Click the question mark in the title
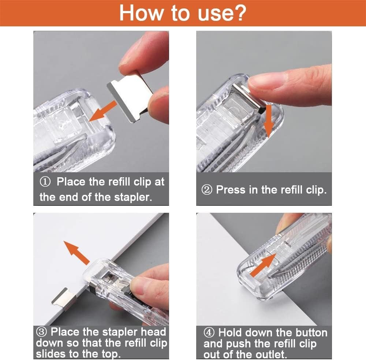pos(239,13)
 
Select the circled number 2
pos(207,190)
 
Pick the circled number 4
pos(210,333)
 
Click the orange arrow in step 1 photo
pos(103,111)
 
